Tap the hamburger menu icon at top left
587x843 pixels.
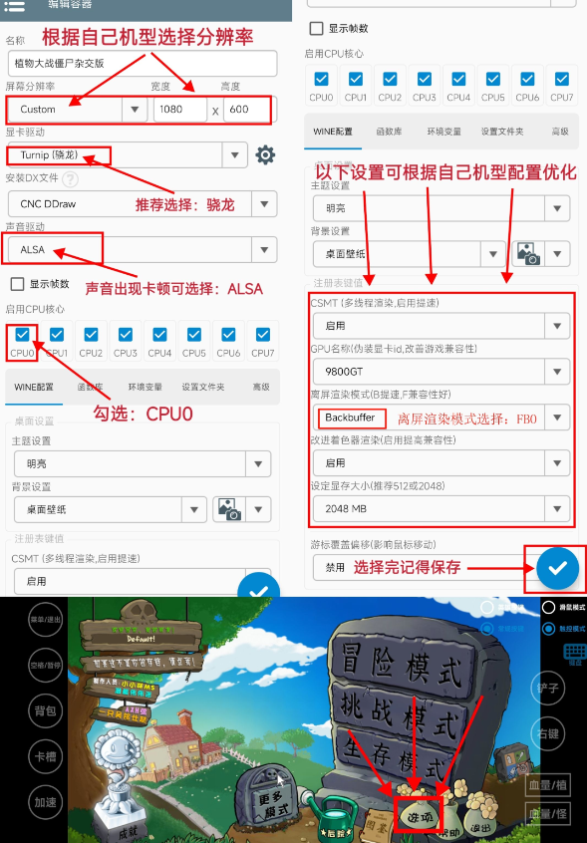(15, 6)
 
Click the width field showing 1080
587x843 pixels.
(179, 109)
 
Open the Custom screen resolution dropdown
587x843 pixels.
(76, 109)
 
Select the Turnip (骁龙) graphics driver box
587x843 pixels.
(58, 154)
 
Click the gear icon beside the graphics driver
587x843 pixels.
(265, 154)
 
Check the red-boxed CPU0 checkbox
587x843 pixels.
(22, 336)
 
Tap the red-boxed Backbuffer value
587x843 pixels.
(350, 418)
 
